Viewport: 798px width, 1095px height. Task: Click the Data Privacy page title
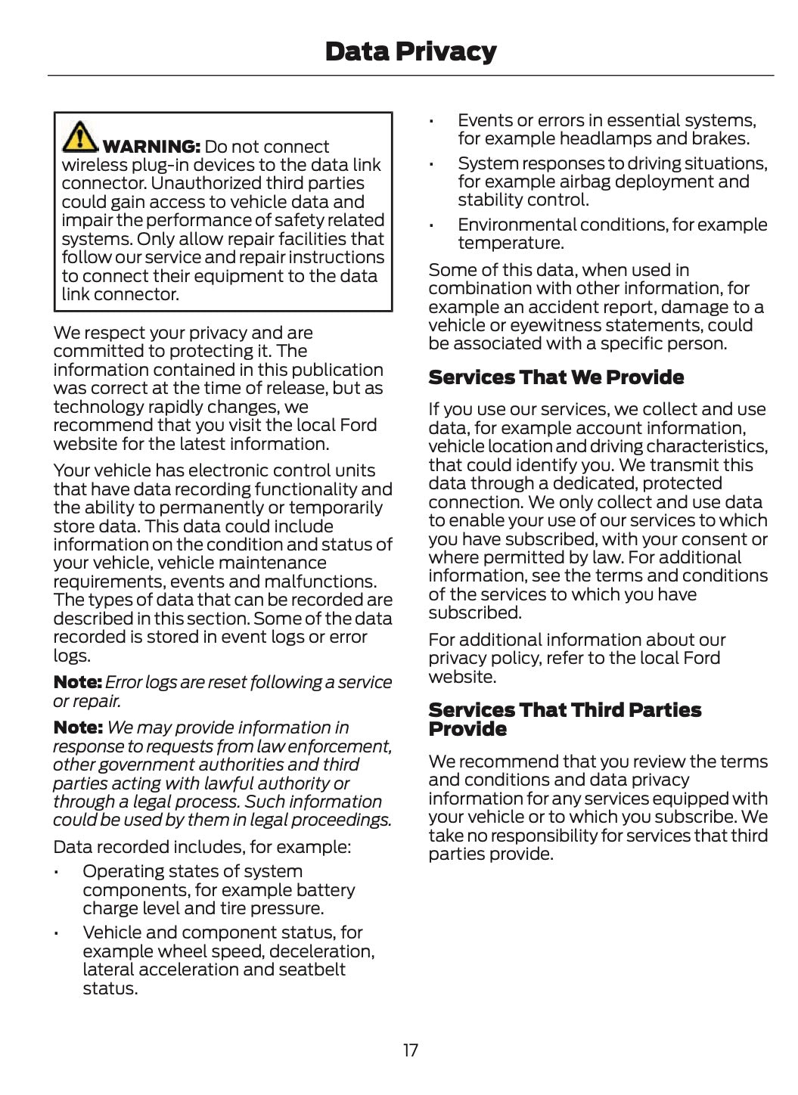pyautogui.click(x=410, y=51)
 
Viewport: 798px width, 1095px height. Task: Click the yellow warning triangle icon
pyautogui.click(x=79, y=137)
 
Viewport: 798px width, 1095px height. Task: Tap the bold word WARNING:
pyautogui.click(x=151, y=147)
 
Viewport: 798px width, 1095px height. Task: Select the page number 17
pyautogui.click(x=410, y=1050)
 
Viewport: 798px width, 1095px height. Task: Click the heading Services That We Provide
pyautogui.click(x=556, y=377)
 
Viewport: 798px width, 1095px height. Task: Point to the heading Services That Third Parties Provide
pyautogui.click(x=564, y=719)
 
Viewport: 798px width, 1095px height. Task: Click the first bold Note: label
pyautogui.click(x=77, y=682)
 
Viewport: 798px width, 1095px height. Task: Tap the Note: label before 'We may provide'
pyautogui.click(x=77, y=727)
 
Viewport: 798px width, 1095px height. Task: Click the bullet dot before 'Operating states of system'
pyautogui.click(x=57, y=873)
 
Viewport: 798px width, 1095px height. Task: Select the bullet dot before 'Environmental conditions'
pyautogui.click(x=431, y=226)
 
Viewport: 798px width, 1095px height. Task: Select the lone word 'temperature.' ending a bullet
pyautogui.click(x=511, y=243)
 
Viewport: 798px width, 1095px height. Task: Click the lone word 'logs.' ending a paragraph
pyautogui.click(x=72, y=656)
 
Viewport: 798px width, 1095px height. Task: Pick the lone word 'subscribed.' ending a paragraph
pyautogui.click(x=475, y=613)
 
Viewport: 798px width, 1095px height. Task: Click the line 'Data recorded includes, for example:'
pyautogui.click(x=202, y=847)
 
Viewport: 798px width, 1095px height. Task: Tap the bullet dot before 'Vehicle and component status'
pyautogui.click(x=57, y=934)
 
